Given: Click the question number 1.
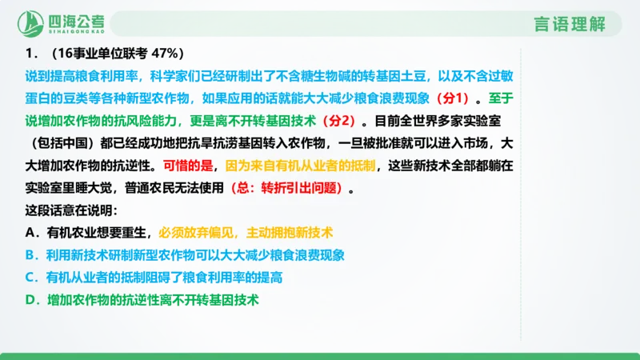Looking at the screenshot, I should pos(32,54).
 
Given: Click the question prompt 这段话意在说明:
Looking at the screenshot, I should pos(71,211).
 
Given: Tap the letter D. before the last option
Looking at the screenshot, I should pos(32,300).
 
